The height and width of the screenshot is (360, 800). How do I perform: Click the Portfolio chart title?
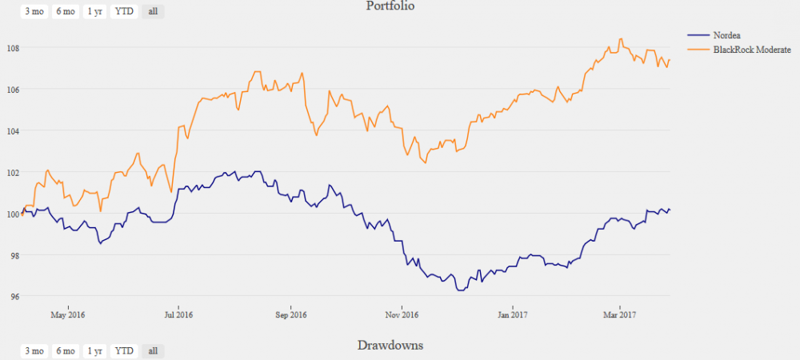(390, 6)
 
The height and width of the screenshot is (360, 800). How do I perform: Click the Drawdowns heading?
(390, 346)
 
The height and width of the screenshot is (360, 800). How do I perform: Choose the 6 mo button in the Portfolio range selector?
(65, 11)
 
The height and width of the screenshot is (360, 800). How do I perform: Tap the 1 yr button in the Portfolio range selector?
(94, 11)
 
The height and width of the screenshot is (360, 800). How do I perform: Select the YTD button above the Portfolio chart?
(124, 11)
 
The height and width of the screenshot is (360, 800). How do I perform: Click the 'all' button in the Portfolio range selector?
(153, 11)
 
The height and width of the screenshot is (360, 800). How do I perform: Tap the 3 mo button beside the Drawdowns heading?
(34, 350)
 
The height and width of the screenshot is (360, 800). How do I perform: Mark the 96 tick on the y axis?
(13, 297)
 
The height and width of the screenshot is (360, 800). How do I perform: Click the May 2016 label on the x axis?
(67, 314)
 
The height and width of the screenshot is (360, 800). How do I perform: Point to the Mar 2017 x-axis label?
(619, 314)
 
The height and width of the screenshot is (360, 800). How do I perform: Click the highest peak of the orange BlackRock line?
(621, 38)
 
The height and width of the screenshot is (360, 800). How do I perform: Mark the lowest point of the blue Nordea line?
(460, 290)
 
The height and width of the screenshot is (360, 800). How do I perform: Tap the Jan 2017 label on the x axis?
(512, 314)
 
